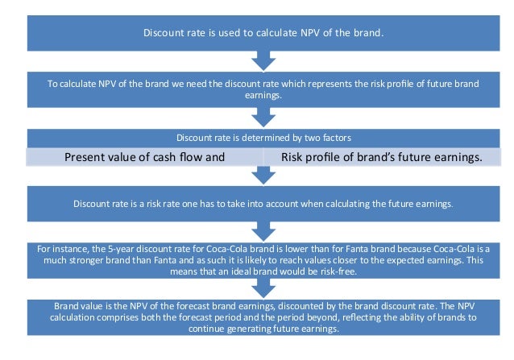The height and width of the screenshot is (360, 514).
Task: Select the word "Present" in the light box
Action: click(x=88, y=157)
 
